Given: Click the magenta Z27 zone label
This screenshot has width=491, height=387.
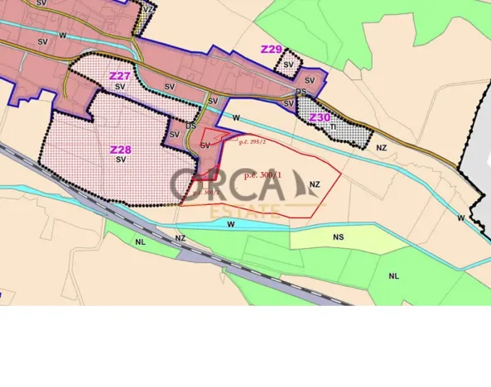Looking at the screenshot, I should (119, 75).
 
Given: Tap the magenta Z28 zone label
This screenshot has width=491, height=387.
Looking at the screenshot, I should (119, 150).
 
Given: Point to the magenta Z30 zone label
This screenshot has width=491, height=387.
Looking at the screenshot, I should (320, 117).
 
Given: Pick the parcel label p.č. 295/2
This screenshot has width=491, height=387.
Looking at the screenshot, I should (251, 141).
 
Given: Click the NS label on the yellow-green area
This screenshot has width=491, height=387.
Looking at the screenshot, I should (339, 236).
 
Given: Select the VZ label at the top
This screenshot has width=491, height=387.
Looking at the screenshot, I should (148, 8).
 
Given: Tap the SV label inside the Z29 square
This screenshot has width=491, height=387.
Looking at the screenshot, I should (289, 64).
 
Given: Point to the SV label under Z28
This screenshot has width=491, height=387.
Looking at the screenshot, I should (120, 160).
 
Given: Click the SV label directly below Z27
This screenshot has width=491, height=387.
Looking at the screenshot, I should (120, 86).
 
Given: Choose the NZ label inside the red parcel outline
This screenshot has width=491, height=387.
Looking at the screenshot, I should (314, 184).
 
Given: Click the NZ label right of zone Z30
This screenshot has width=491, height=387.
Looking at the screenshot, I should (382, 147).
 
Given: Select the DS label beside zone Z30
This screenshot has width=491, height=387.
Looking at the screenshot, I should (301, 92).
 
